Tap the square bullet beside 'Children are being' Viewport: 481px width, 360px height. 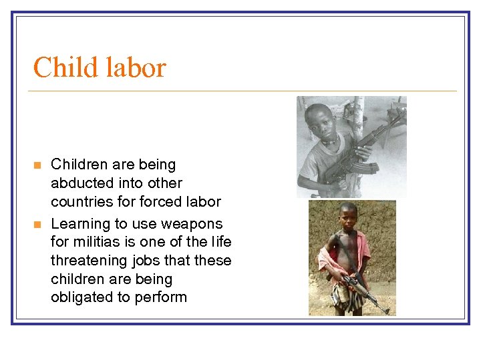(38, 165)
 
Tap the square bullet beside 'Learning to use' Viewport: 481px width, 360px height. (38, 224)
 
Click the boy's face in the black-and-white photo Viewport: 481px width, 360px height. (323, 123)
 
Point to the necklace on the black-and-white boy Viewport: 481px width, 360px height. (329, 141)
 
